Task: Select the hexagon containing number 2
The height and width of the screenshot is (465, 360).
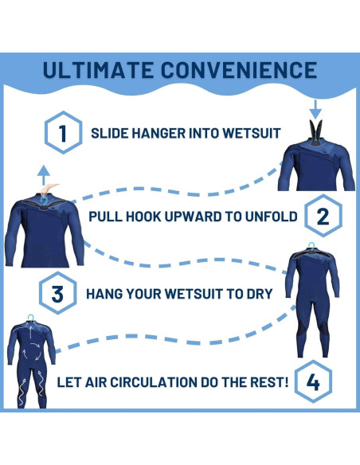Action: point(323,216)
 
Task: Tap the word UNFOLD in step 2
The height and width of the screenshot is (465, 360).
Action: point(269,217)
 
